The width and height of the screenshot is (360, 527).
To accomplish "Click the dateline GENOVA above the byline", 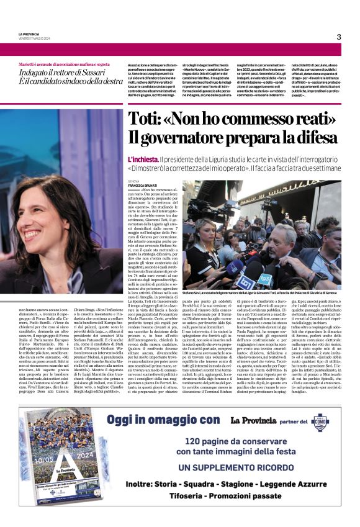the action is (x=134, y=181).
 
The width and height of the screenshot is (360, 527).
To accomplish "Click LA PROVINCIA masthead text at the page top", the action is (x=28, y=34).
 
